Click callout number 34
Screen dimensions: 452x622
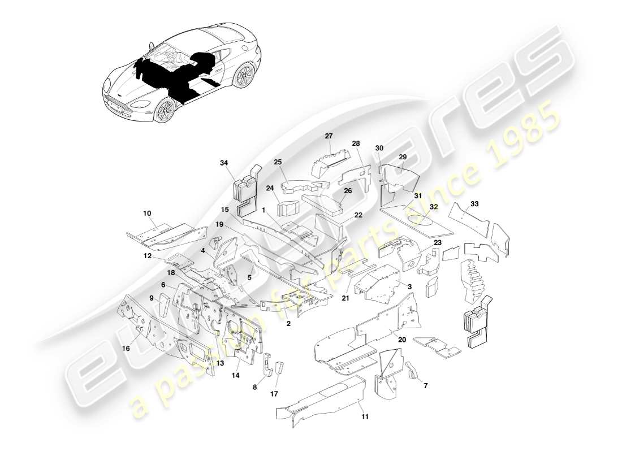pos(224,163)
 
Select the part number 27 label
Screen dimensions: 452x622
pos(329,136)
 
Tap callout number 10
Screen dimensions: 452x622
pos(147,214)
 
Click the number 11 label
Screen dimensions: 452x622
pos(365,417)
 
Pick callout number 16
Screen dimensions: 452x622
pos(126,349)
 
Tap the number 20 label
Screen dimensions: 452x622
pos(402,340)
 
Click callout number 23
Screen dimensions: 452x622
pos(437,242)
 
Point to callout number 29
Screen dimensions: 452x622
pos(403,157)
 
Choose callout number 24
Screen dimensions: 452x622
pos(270,188)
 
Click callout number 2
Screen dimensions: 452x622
pos(288,324)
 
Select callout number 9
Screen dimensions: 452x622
pos(152,298)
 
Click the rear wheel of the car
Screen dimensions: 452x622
pos(244,75)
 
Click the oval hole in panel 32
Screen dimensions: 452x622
pos(427,224)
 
